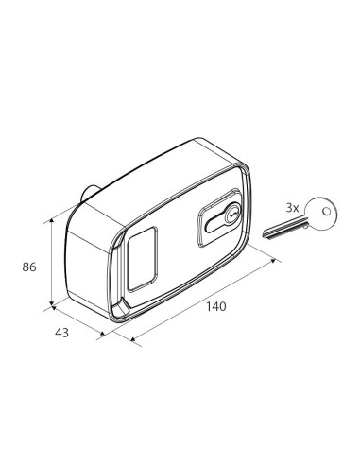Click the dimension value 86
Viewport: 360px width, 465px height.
(28, 267)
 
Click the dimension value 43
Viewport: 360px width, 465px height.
(62, 332)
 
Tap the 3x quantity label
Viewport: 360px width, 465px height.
(293, 207)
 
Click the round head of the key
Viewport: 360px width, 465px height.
(322, 214)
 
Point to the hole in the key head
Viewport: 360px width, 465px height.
(327, 212)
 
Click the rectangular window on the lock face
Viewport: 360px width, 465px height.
(142, 257)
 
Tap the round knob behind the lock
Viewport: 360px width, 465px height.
(87, 195)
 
